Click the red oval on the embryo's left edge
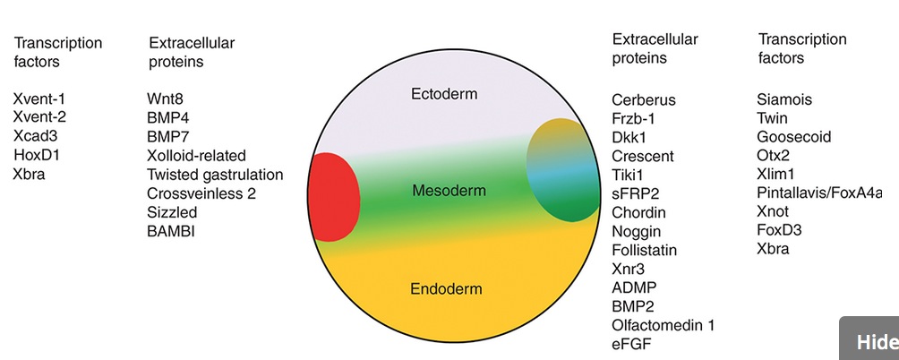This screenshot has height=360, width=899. (x=334, y=197)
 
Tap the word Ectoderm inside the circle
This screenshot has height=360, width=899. (x=444, y=93)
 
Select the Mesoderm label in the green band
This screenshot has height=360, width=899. (x=449, y=191)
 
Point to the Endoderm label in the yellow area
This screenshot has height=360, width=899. (x=446, y=289)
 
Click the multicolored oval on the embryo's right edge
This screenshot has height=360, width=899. (x=563, y=170)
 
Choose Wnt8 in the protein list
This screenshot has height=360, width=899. (x=165, y=99)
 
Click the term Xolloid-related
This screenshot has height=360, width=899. (x=197, y=155)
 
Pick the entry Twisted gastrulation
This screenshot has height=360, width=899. (x=215, y=175)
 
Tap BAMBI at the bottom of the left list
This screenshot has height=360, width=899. (x=171, y=231)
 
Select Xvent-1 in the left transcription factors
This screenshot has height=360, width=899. (x=39, y=99)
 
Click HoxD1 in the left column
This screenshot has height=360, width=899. (x=37, y=155)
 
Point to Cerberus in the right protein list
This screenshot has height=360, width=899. (x=644, y=99)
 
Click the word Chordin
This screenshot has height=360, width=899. (x=638, y=212)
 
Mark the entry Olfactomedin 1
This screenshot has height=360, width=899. (x=664, y=325)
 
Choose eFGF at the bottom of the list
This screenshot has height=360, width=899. (x=631, y=344)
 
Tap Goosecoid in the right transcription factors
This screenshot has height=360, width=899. (x=793, y=137)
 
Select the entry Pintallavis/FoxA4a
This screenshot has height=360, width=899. (x=819, y=193)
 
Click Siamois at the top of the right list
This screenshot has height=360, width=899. (x=784, y=99)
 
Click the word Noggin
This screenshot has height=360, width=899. (x=637, y=232)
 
